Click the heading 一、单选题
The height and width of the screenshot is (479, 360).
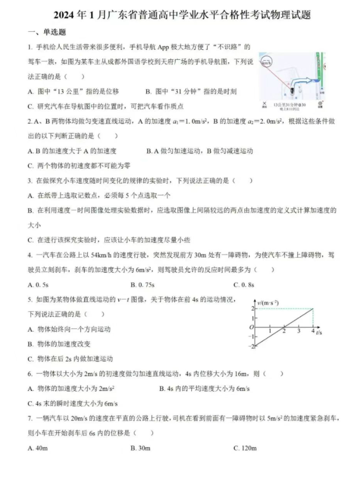point(47,32)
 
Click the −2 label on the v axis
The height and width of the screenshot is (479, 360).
point(253,346)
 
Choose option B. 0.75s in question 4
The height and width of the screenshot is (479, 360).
point(142,284)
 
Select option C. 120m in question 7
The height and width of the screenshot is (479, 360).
point(245,448)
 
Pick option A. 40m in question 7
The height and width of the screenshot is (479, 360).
point(38,448)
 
